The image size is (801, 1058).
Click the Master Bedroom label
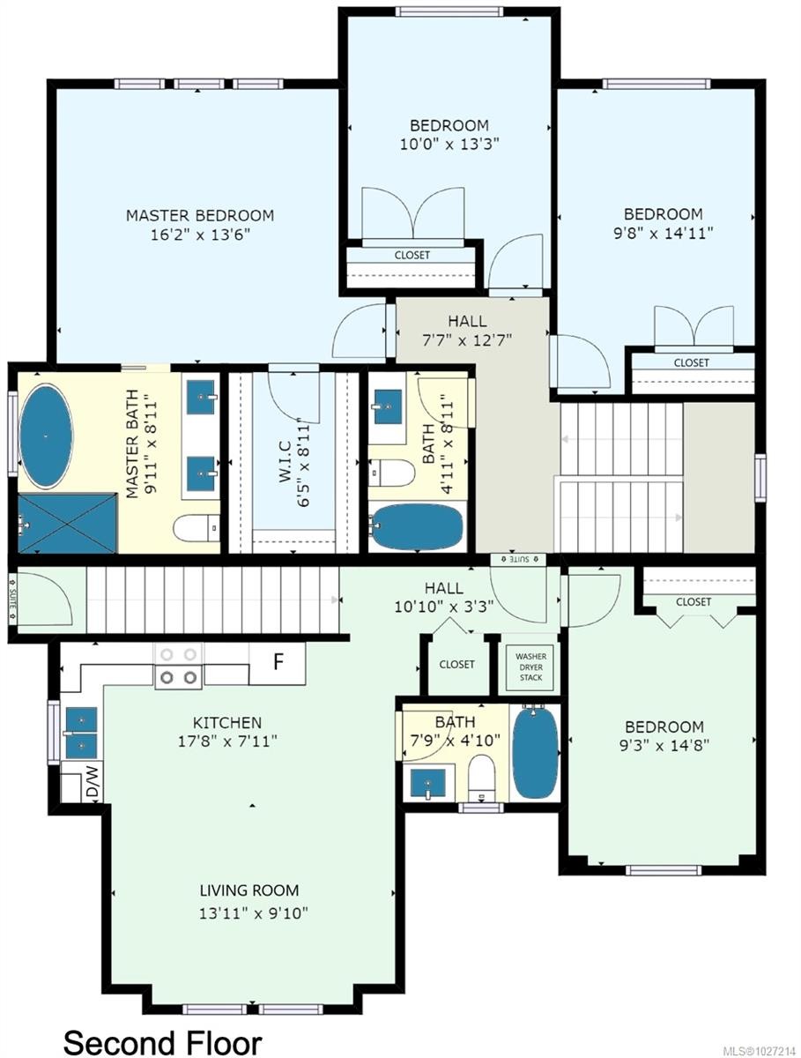pyautogui.click(x=199, y=215)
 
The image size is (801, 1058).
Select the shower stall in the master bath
pyautogui.click(x=66, y=523)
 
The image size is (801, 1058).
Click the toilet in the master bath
pyautogui.click(x=196, y=529)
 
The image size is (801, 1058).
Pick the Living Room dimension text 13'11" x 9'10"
pyautogui.click(x=252, y=914)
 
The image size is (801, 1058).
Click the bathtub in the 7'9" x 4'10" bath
pyautogui.click(x=535, y=752)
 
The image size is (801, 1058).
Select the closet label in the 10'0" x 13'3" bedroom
pyautogui.click(x=412, y=255)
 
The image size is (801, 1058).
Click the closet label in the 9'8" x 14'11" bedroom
pyautogui.click(x=691, y=362)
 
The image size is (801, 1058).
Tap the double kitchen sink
pyautogui.click(x=80, y=732)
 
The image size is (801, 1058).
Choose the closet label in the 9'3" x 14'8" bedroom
pyautogui.click(x=693, y=601)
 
